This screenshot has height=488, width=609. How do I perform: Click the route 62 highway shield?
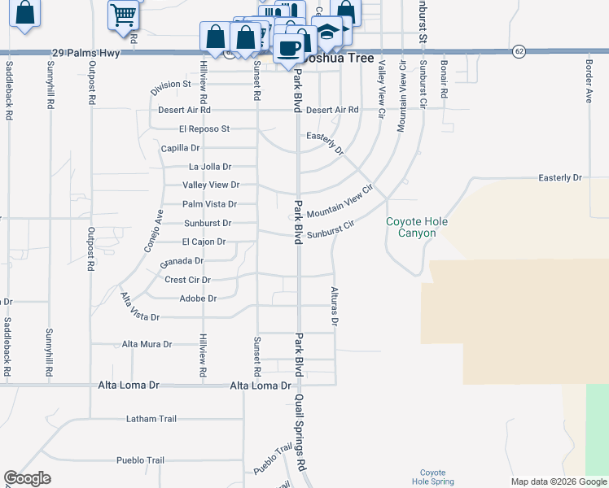coord(519,51)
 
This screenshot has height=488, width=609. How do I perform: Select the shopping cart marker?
coord(123,14)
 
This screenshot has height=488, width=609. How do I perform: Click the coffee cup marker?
coord(287,47)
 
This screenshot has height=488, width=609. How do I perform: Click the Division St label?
coord(169,84)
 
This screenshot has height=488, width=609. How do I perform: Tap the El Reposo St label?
coord(205,129)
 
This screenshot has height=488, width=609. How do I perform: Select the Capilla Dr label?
coord(181,148)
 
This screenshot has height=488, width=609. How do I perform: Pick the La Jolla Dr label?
coord(210,167)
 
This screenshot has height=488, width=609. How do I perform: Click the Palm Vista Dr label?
coord(209,204)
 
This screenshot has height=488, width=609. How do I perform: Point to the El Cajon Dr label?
coord(204,242)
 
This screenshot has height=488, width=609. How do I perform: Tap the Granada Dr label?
coord(182,261)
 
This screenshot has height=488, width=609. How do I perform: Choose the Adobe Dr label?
coord(198,298)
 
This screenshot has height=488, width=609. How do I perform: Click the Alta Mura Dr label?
coord(147,344)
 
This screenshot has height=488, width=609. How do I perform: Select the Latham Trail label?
coord(151,419)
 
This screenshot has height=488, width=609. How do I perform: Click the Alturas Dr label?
coord(334,306)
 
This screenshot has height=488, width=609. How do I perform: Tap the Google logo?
coord(28,477)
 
